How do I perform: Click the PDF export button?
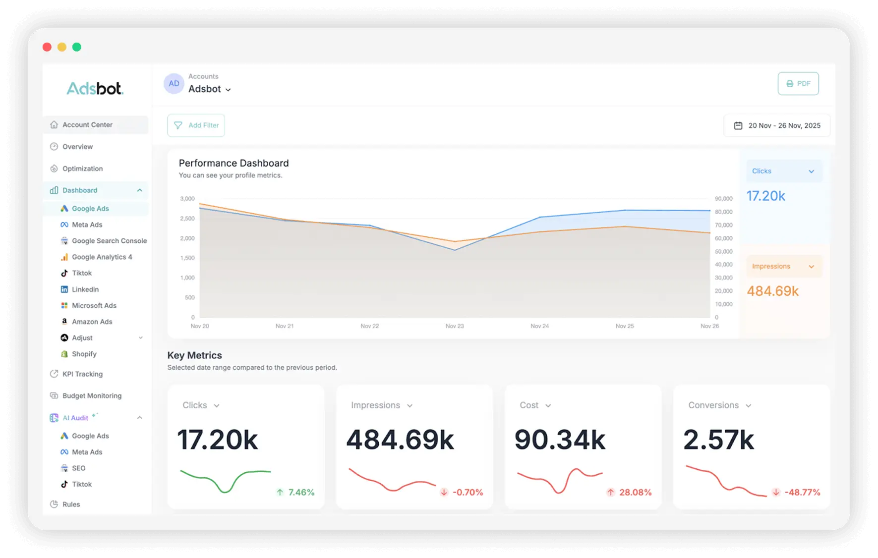pyautogui.click(x=798, y=84)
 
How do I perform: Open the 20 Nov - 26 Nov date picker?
pyautogui.click(x=777, y=126)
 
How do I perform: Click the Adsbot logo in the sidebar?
pyautogui.click(x=95, y=89)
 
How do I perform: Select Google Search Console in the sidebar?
pyautogui.click(x=109, y=241)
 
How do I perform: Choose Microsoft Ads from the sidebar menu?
pyautogui.click(x=94, y=306)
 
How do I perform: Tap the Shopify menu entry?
pyautogui.click(x=84, y=354)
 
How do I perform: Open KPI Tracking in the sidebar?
pyautogui.click(x=82, y=374)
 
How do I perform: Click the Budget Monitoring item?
pyautogui.click(x=92, y=396)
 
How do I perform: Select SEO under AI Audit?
pyautogui.click(x=78, y=468)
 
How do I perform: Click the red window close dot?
pyautogui.click(x=47, y=47)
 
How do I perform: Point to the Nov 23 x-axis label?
pyautogui.click(x=455, y=326)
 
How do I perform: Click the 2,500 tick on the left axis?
pyautogui.click(x=187, y=219)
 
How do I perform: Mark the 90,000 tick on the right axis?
pyautogui.click(x=723, y=199)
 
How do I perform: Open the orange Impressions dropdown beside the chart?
pyautogui.click(x=783, y=267)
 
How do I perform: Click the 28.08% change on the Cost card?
pyautogui.click(x=635, y=493)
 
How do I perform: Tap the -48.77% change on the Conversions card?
pyautogui.click(x=802, y=493)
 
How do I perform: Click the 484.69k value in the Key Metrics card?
pyautogui.click(x=400, y=440)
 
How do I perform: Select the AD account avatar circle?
pyautogui.click(x=174, y=84)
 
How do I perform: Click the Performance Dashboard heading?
pyautogui.click(x=234, y=164)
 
